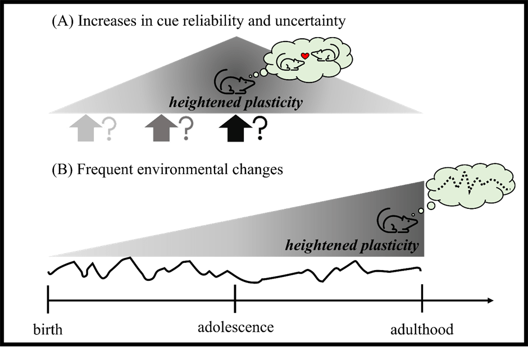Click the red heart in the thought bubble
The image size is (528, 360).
pos(304,56)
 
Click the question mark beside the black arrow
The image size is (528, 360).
pos(260,129)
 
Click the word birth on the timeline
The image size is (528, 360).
pos(47,329)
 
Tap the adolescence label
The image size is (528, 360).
pos(236,327)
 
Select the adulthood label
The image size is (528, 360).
pos(421,329)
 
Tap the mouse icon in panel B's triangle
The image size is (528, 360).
pos(397,220)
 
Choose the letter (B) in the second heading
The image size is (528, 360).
pos(60,169)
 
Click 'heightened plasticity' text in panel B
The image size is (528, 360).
pos(352,245)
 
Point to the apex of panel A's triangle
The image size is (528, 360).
pos(236,38)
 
